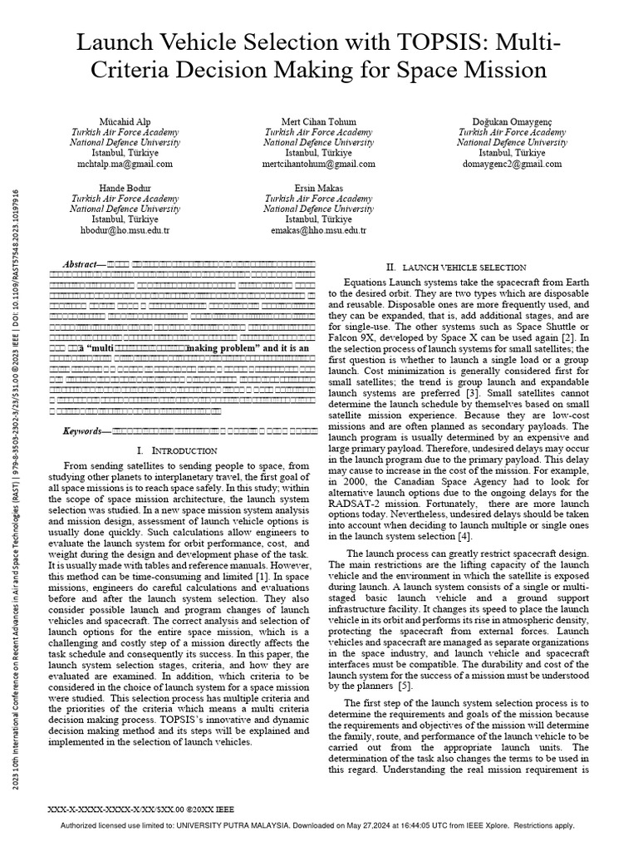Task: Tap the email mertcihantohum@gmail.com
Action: tap(318, 165)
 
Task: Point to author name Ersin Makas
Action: tap(318, 188)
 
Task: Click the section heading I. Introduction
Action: tap(174, 450)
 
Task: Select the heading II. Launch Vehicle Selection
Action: tap(456, 268)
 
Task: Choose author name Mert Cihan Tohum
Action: tap(318, 121)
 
